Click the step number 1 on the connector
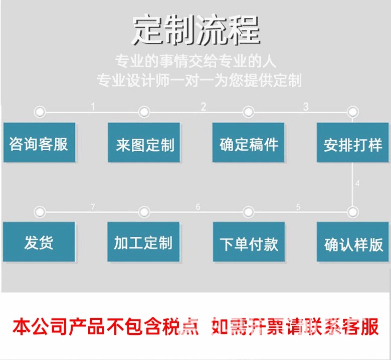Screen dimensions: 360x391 pos(93,106)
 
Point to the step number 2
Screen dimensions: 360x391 pos(204,106)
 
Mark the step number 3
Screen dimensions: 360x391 pos(306,106)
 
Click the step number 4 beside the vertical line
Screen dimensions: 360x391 pos(357,183)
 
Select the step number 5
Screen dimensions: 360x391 pos(298,206)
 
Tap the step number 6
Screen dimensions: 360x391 pos(198,206)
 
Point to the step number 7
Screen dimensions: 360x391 pos(93,206)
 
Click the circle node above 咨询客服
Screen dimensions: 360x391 pos(40,111)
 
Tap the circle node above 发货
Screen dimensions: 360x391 pos(40,212)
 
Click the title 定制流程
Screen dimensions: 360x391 pos(195,30)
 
